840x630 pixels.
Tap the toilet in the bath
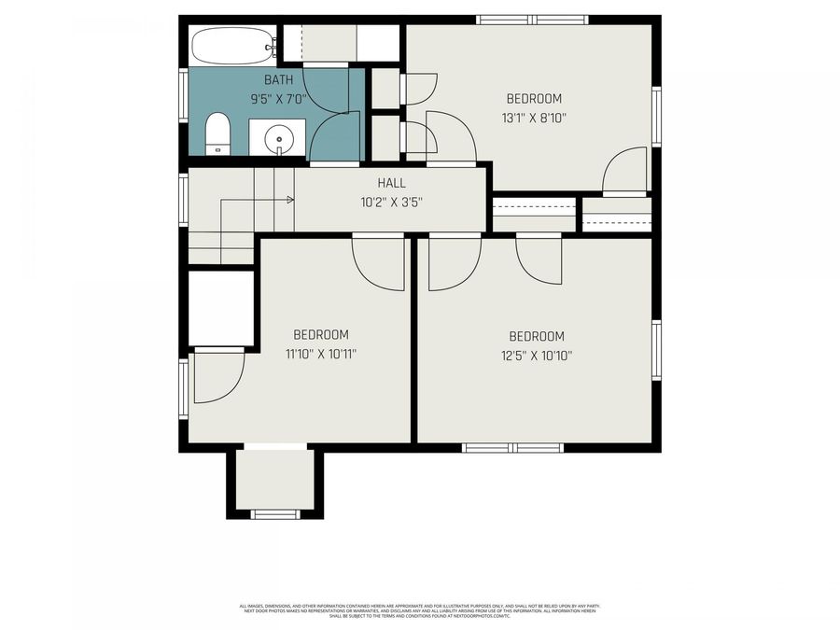pos(217,134)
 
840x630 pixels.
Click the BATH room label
pos(277,80)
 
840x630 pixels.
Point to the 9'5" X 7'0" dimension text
pos(277,98)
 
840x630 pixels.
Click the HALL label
pos(391,183)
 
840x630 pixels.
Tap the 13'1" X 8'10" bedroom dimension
pos(534,118)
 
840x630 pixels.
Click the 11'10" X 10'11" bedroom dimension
pos(321,354)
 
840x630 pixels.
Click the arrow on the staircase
pos(289,199)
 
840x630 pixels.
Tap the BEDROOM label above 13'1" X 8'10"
pos(534,99)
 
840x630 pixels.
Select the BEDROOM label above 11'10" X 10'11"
pos(321,335)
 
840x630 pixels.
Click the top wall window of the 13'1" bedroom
pos(532,20)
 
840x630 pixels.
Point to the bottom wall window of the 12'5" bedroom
pos(513,448)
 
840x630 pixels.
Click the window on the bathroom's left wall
pos(184,97)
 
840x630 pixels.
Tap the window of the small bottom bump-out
pos(275,514)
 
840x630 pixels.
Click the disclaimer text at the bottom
pos(419,610)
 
